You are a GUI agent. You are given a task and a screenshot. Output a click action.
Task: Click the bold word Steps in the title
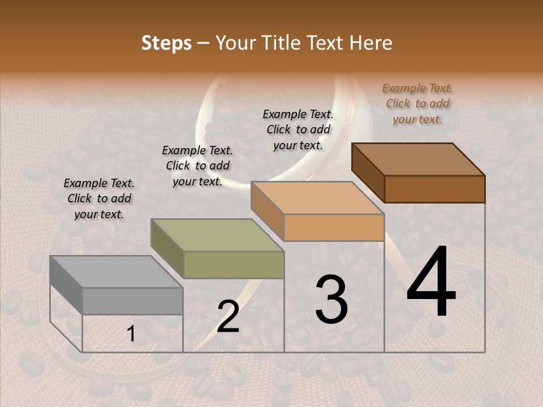tap(166, 43)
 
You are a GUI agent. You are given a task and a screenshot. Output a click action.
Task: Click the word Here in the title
tap(370, 43)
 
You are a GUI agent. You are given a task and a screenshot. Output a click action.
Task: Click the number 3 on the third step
tap(331, 300)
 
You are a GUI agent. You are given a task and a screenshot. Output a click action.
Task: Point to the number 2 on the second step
tap(228, 317)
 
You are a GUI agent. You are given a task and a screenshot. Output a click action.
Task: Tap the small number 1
tap(131, 334)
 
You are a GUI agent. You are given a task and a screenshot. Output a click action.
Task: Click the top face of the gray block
tap(116, 272)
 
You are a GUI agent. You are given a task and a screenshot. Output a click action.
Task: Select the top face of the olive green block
tap(217, 235)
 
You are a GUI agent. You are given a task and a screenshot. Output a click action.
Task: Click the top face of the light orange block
tap(317, 198)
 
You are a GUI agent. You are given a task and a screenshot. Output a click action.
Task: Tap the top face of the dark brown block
tap(418, 159)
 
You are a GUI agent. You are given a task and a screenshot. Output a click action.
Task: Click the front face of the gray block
tap(133, 301)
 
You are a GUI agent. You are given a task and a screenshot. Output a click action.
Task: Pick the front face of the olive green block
tap(234, 265)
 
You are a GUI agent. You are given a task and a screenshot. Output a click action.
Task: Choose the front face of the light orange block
tap(334, 228)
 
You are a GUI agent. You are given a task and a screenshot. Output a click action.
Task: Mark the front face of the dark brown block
tap(434, 189)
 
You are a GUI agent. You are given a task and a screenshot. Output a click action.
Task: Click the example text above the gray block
tap(99, 198)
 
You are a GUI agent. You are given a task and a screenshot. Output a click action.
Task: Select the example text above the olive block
tap(197, 166)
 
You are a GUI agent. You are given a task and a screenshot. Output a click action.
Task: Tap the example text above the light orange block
tap(298, 129)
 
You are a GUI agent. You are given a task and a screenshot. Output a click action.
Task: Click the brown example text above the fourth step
tap(417, 103)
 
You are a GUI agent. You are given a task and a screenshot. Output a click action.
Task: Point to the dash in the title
tap(204, 44)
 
